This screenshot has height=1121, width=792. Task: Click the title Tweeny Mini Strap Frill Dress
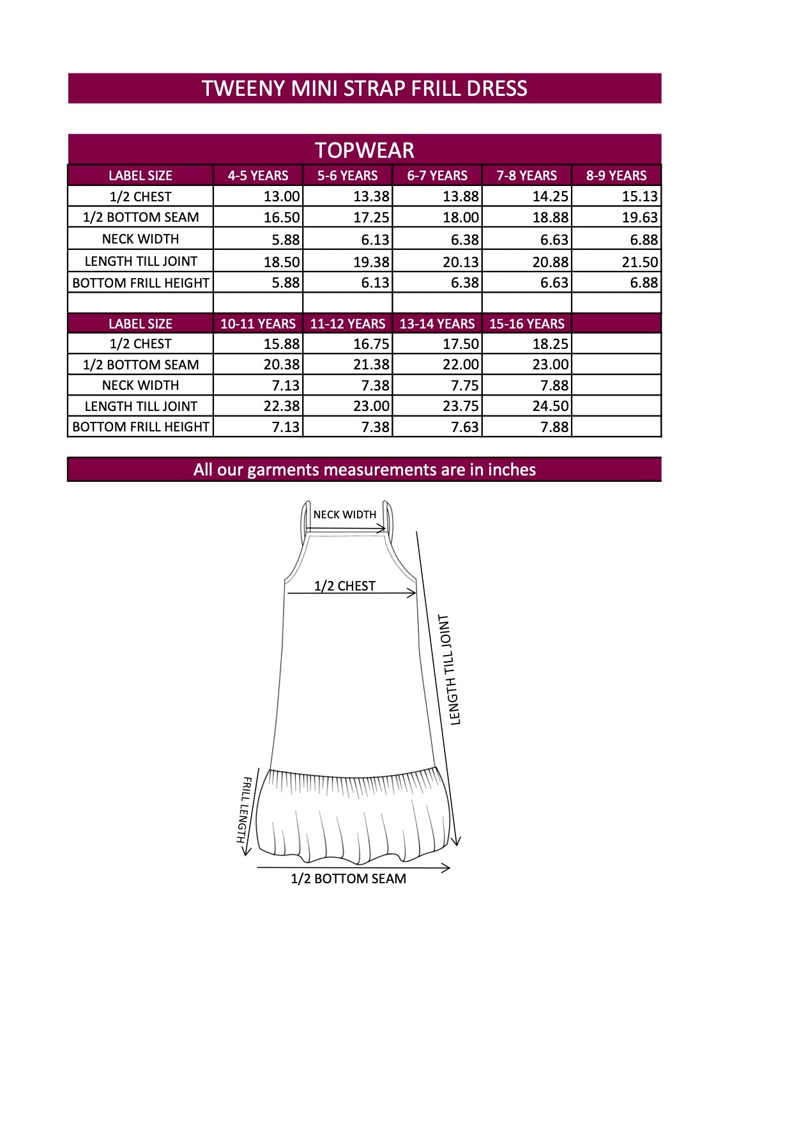[x=364, y=88]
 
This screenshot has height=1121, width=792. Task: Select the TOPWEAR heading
[x=364, y=150]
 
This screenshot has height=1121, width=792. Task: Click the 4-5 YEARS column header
[x=258, y=176]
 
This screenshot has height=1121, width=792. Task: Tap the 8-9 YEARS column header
[x=616, y=176]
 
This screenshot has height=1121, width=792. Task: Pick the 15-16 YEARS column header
[x=527, y=324]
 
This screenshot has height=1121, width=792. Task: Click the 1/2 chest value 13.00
[x=282, y=197]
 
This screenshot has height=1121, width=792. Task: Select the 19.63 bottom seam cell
[x=639, y=217]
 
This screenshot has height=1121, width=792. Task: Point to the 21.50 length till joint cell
[x=639, y=262]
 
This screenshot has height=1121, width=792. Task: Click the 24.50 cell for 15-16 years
[x=550, y=406]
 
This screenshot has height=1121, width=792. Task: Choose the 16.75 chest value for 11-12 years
[x=371, y=344]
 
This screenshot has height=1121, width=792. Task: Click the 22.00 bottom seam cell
[x=461, y=365]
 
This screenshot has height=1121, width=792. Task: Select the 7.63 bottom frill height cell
[x=464, y=427]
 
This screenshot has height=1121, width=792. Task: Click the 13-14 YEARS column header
[x=438, y=324]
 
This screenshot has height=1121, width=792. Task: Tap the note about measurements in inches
[x=364, y=470]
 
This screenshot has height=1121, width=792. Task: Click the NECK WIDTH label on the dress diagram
[x=344, y=514]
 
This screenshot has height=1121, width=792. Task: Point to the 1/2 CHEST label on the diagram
[x=344, y=586]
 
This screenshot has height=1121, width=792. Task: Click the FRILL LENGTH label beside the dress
[x=245, y=810]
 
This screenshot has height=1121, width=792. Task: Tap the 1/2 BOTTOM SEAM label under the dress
[x=348, y=879]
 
